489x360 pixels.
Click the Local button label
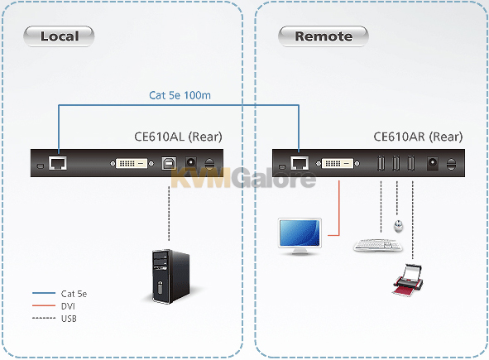pyautogui.click(x=60, y=36)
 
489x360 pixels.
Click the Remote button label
pyautogui.click(x=324, y=36)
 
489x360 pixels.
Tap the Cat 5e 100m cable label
pyautogui.click(x=180, y=95)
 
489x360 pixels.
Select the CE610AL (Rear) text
pyautogui.click(x=178, y=137)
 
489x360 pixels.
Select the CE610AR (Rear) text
pyautogui.click(x=418, y=137)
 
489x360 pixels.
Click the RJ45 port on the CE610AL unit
pyautogui.click(x=58, y=163)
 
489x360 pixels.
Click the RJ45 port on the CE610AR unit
pyautogui.click(x=300, y=163)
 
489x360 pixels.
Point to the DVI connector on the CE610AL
pyautogui.click(x=132, y=163)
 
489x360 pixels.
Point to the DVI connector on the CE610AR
pyautogui.click(x=338, y=163)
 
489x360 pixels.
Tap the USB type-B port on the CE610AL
pyautogui.click(x=169, y=163)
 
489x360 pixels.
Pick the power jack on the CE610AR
pyautogui.click(x=432, y=163)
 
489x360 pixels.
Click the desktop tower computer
pyautogui.click(x=170, y=276)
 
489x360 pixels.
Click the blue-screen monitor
pyautogui.click(x=300, y=236)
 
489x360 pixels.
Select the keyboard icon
pyautogui.click(x=378, y=245)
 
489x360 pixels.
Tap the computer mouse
pyautogui.click(x=398, y=226)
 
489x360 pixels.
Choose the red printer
pyautogui.click(x=408, y=280)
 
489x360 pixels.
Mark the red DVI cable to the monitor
pyautogui.click(x=339, y=210)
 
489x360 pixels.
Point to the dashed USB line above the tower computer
pyautogui.click(x=169, y=214)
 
